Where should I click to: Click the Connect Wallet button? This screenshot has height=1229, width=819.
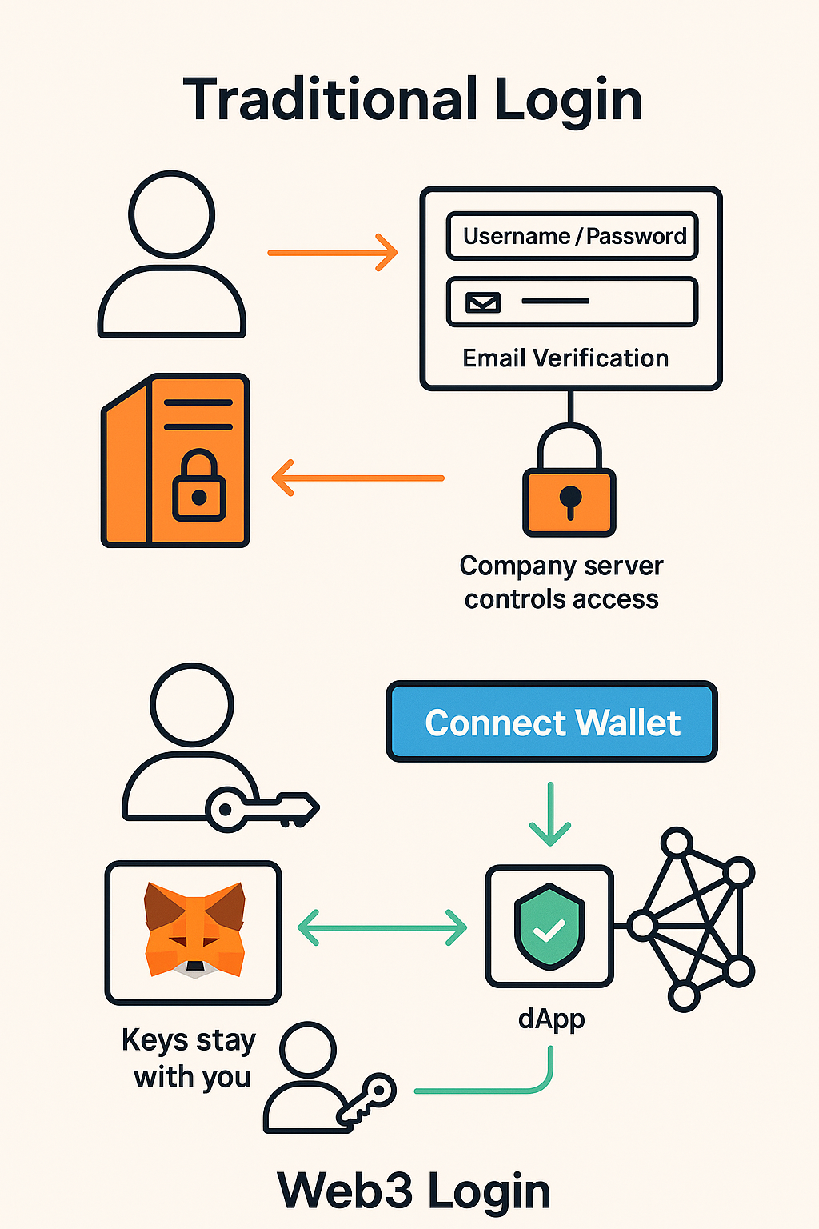tap(552, 722)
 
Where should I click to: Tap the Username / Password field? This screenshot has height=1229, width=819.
tap(573, 236)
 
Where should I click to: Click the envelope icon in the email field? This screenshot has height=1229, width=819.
tap(483, 302)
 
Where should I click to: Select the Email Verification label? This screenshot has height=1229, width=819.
tap(565, 358)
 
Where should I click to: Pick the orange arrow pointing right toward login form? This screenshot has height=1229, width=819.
tap(332, 253)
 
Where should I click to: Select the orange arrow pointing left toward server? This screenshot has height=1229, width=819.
tap(358, 478)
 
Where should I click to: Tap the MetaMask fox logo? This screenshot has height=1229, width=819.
tap(194, 930)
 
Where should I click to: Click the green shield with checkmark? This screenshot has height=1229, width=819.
tap(549, 926)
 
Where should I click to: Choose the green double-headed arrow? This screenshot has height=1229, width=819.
tap(382, 927)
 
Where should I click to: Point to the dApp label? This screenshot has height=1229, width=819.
tap(551, 1019)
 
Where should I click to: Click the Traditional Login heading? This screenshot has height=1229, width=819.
tap(413, 100)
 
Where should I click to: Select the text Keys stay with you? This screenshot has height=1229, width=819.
tap(190, 1058)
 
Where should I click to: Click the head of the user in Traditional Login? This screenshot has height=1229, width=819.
tap(172, 214)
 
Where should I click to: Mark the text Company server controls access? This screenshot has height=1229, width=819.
tap(561, 582)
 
